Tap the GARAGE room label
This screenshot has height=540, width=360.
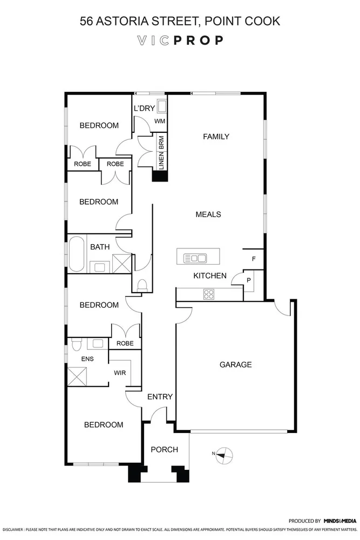tap(235, 364)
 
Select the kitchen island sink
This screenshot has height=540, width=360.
tap(195, 258)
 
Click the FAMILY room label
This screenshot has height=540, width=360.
tap(216, 137)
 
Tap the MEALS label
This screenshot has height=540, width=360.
tap(208, 214)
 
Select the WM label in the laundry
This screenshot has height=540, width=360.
tap(160, 122)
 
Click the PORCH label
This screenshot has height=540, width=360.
tap(164, 449)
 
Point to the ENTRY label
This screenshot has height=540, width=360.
tap(160, 397)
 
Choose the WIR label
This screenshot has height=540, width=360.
tap(120, 373)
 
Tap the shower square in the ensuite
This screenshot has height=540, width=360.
tap(77, 375)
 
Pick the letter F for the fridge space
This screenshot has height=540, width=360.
tap(254, 259)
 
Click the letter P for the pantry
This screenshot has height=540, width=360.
tap(249, 281)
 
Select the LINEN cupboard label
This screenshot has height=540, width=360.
tap(161, 160)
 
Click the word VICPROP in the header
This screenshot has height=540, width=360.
tap(180, 40)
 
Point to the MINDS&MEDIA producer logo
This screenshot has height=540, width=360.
tap(339, 521)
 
